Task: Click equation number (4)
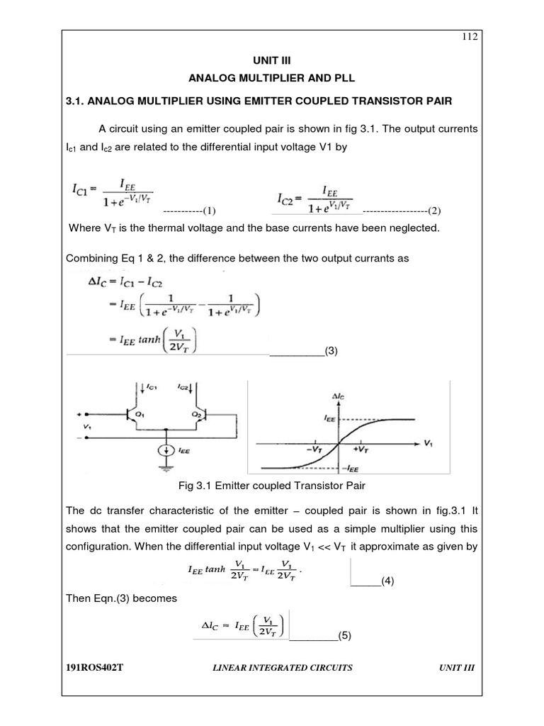(387, 581)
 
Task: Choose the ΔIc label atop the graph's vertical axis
(340, 393)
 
